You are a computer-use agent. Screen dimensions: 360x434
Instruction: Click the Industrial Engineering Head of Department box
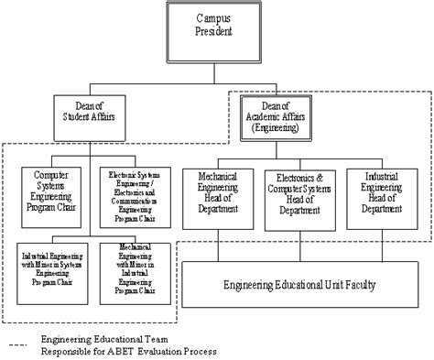(381, 195)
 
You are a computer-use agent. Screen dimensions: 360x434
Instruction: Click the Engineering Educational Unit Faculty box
(299, 284)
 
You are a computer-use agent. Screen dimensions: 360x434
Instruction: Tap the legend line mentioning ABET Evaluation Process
(128, 351)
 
